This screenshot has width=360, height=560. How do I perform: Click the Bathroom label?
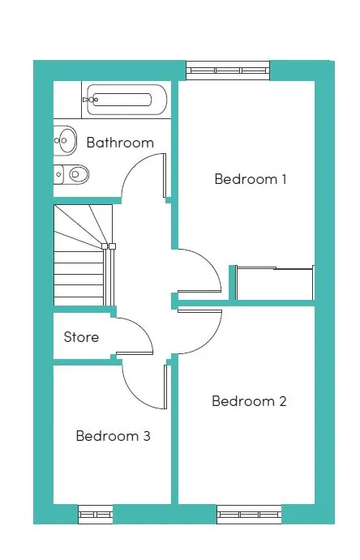click(x=120, y=143)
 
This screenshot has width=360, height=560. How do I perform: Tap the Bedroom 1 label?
click(x=251, y=179)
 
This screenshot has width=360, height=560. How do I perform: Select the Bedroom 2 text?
click(x=249, y=401)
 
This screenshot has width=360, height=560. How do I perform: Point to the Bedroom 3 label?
click(x=114, y=436)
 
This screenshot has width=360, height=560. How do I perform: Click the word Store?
click(x=81, y=337)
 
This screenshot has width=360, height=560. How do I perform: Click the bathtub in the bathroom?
click(x=126, y=100)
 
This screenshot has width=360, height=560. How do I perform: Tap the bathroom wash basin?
click(x=65, y=140)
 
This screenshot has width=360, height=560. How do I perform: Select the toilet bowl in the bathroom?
click(x=78, y=174)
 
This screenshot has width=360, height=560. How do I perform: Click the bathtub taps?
click(x=91, y=100)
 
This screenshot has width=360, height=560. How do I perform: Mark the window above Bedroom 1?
click(x=228, y=71)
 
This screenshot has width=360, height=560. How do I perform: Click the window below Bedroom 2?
click(x=249, y=515)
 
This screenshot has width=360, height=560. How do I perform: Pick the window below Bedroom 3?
click(x=96, y=515)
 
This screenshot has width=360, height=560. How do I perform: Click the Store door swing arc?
click(x=142, y=328)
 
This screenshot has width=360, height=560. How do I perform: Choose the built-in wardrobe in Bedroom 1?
click(x=274, y=283)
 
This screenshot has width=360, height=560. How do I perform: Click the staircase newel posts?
click(x=109, y=246)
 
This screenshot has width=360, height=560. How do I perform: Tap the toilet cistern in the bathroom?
click(x=58, y=174)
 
